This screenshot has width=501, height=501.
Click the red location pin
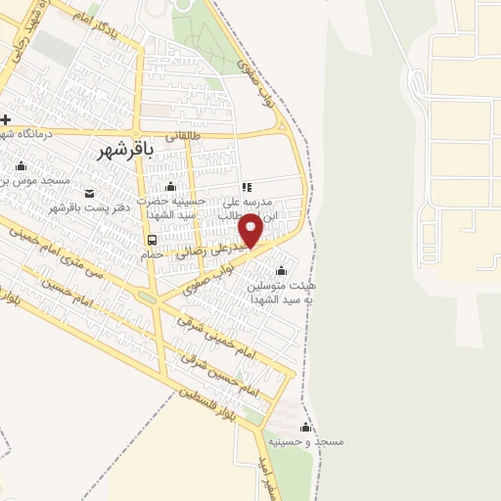click(x=251, y=229)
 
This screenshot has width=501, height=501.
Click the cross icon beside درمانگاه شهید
click(x=6, y=119)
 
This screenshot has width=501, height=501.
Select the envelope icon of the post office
click(x=90, y=193)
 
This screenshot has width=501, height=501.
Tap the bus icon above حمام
click(x=152, y=240)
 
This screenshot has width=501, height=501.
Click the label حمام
click(x=152, y=254)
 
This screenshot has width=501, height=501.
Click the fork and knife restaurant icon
click(x=247, y=186)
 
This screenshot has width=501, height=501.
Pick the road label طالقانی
click(x=181, y=137)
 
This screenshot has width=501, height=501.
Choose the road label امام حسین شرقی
click(x=220, y=376)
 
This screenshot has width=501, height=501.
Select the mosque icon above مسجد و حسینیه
click(x=305, y=428)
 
